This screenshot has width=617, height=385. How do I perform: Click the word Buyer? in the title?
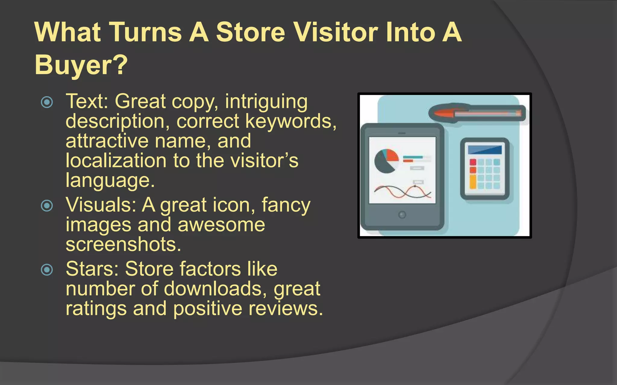(x=81, y=65)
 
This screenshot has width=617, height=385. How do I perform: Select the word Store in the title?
(x=250, y=32)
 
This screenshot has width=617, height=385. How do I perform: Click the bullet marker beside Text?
(x=47, y=102)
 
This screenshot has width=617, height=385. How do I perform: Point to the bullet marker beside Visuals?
(x=47, y=206)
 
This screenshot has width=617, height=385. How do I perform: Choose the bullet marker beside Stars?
(x=47, y=269)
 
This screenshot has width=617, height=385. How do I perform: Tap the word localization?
(x=116, y=160)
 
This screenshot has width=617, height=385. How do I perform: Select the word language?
(x=110, y=180)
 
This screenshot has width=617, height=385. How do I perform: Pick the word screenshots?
(x=123, y=244)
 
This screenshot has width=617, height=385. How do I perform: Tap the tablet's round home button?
(x=402, y=215)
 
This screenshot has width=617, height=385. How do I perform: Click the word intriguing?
(x=266, y=102)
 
